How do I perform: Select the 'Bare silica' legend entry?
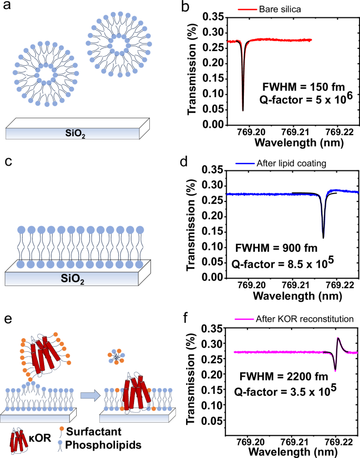[286, 8]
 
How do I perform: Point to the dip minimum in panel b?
[243, 110]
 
